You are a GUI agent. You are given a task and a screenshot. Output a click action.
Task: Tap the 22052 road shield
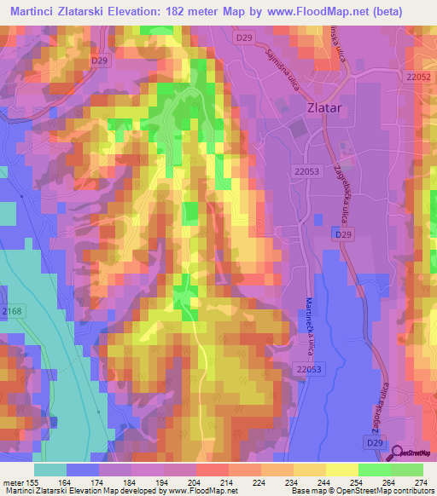418,77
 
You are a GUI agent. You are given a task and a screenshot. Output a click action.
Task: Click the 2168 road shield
12,313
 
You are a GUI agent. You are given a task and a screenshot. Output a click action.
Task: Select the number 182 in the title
182,10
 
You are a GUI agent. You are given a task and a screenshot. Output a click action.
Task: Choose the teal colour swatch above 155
50,469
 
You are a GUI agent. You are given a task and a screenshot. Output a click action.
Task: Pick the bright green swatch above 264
374,469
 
